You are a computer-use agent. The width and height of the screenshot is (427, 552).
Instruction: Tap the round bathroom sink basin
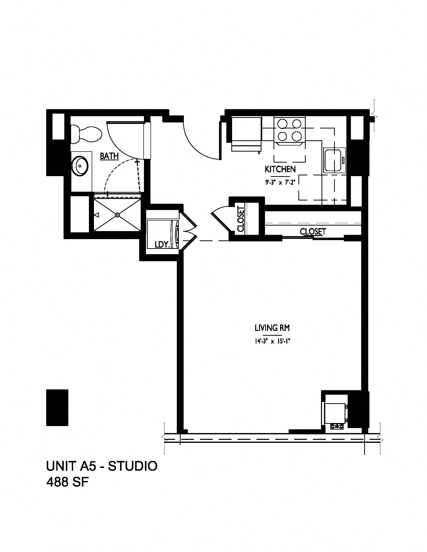[x=80, y=166]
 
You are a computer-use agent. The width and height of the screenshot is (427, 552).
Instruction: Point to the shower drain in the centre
[x=117, y=215]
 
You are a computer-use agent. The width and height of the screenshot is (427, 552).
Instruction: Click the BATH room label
[x=109, y=156]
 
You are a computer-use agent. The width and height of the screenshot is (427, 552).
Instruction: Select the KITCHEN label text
[x=280, y=169]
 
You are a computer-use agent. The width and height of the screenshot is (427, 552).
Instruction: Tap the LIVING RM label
[x=272, y=328]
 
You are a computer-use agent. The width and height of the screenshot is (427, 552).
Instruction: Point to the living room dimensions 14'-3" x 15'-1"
[x=272, y=341]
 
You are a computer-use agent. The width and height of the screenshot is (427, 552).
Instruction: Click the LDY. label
[x=162, y=244]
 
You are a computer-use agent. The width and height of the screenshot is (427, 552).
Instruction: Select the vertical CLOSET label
[x=241, y=219]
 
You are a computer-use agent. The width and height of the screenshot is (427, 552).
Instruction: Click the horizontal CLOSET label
[x=313, y=231]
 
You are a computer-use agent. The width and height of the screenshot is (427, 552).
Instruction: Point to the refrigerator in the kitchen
[x=247, y=134]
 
